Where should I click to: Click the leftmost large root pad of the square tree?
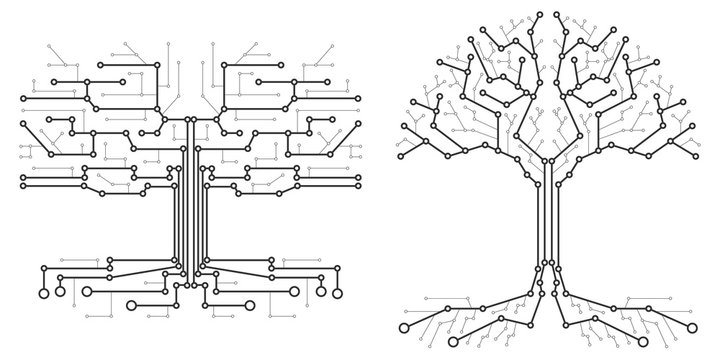(x=44, y=293)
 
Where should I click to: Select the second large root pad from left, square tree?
(x=87, y=293)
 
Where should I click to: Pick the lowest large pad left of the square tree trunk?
(x=133, y=305)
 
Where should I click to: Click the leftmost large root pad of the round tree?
(x=404, y=327)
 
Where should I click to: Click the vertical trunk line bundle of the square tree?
(x=190, y=200)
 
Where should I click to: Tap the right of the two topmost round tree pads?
(x=558, y=17)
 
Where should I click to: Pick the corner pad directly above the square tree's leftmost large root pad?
(x=44, y=267)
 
